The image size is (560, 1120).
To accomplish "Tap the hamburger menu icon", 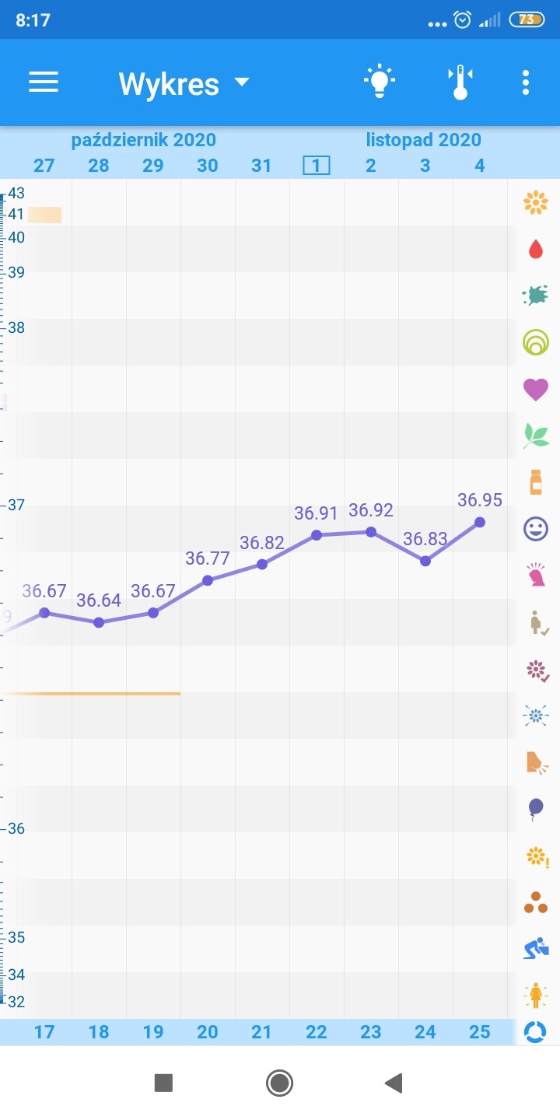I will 44,82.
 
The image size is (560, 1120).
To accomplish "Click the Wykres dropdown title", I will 184,83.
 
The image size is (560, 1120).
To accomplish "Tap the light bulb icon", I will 379,82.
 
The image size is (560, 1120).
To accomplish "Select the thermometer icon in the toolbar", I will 460,82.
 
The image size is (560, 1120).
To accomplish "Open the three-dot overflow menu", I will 527,82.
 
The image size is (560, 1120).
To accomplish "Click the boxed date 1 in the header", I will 317,165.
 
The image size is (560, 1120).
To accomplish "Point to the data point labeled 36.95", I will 480,522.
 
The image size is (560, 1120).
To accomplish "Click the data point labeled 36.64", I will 99,622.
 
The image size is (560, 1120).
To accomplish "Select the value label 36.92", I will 371,510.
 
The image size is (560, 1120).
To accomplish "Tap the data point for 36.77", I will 208,580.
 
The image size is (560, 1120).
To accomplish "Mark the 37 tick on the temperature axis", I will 16,505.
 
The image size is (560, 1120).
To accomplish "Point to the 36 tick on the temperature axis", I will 16,828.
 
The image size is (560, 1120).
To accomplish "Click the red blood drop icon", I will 535,250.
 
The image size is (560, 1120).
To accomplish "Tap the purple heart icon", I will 535,389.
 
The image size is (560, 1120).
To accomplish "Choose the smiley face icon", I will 535,530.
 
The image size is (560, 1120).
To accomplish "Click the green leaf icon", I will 535,436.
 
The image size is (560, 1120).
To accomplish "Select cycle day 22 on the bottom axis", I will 317,1031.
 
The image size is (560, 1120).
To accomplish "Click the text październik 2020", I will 144,140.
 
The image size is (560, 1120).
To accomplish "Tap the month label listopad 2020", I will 424,140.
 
